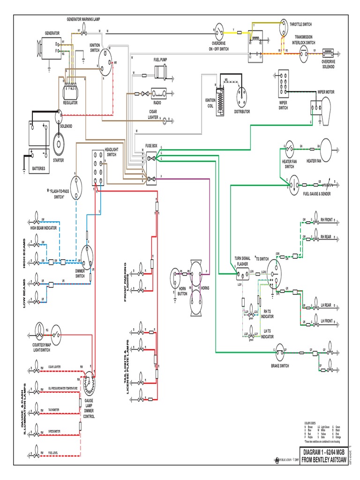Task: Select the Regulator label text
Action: pos(70,103)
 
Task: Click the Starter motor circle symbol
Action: pos(59,141)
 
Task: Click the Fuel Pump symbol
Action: pos(161,73)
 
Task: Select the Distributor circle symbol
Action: pos(243,96)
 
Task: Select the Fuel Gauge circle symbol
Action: pos(294,184)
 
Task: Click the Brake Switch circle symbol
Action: pos(281,350)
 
